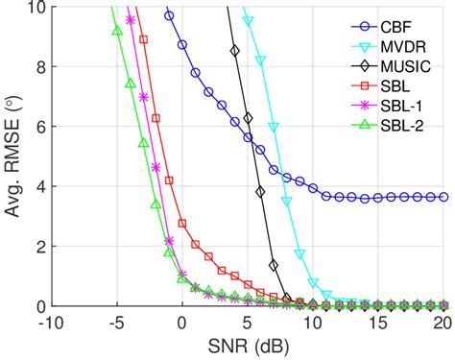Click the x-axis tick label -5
coord(115,324)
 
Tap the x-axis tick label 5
coord(249,324)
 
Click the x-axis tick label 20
coord(443,324)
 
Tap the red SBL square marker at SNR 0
coord(181,224)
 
